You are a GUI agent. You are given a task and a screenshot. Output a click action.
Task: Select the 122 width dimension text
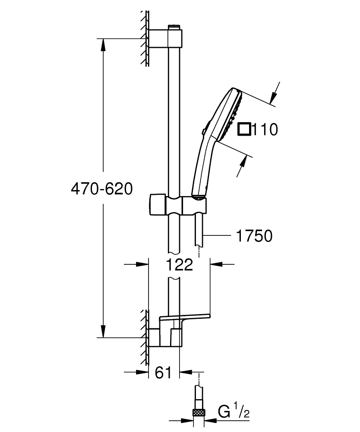(x=179, y=264)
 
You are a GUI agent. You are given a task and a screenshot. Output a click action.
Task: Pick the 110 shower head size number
(x=265, y=129)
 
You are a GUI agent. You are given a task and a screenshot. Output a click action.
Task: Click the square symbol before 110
(x=245, y=129)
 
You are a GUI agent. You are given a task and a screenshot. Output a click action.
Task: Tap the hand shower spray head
(x=229, y=114)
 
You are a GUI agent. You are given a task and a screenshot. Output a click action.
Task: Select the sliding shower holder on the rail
(x=177, y=204)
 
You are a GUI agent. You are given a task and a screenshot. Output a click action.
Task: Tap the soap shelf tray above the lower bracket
(x=186, y=318)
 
